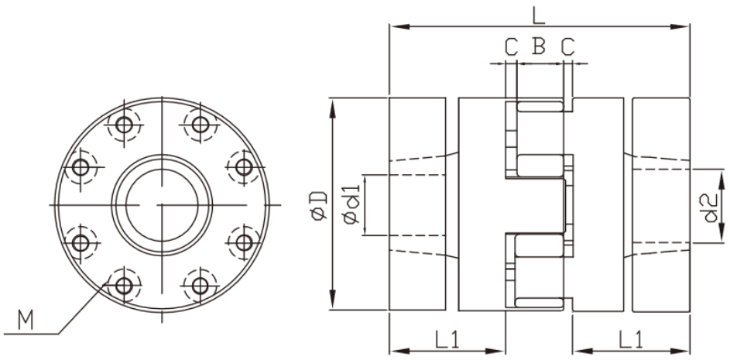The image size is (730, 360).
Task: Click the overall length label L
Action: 538,15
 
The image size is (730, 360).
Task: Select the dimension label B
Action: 539,46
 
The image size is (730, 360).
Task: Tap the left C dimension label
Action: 511,46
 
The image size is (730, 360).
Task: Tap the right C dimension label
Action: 567,46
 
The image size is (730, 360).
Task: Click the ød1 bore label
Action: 352,205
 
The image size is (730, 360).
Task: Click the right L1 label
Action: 630,340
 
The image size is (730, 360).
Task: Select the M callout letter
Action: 26,321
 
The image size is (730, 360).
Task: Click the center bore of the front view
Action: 162,204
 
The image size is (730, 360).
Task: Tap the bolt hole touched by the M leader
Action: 123,285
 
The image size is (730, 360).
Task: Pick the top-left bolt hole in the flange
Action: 123,125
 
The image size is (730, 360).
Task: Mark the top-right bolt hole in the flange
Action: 200,125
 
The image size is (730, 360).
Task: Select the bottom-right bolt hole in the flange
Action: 200,285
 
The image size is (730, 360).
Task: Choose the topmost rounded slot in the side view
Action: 540,106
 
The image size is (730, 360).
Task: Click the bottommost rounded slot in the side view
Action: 540,303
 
